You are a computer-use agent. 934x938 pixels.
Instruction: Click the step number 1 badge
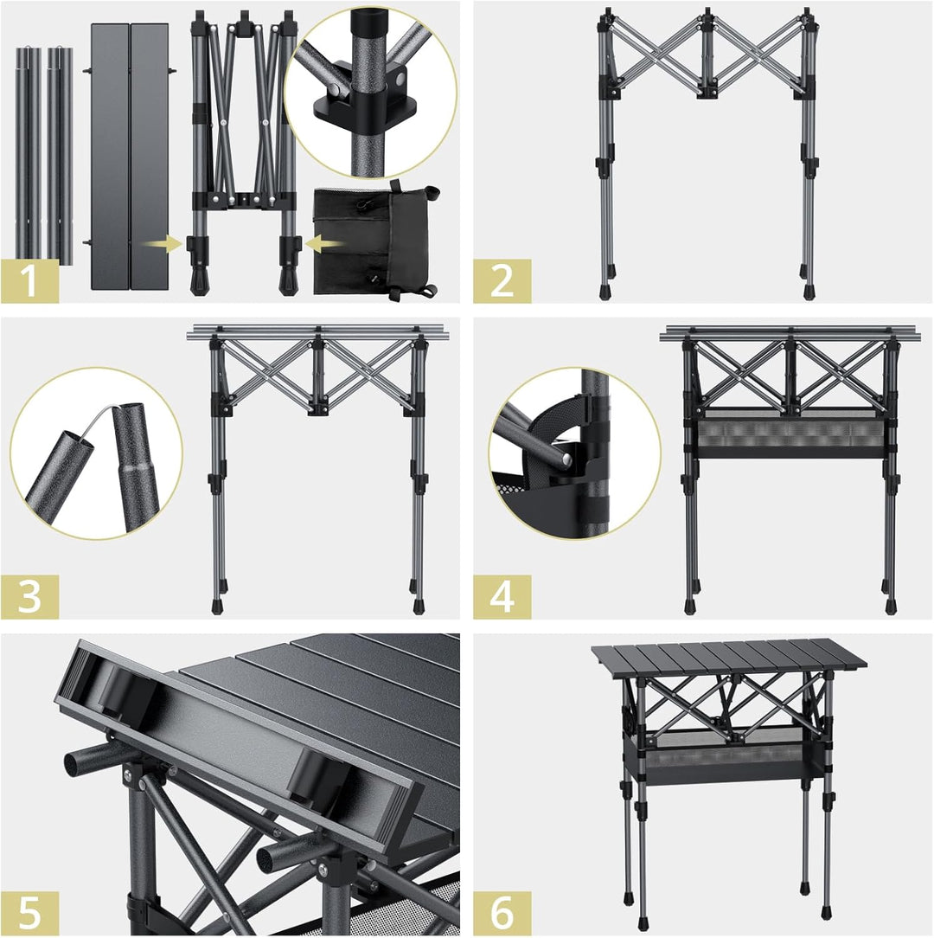(29, 280)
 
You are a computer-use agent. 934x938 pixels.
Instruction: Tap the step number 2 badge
(502, 280)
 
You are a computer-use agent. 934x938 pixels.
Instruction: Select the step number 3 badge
(29, 596)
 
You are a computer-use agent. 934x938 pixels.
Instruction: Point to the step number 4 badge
(502, 596)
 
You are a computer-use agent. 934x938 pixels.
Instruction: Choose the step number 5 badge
(29, 913)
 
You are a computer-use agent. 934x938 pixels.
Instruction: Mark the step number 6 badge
(502, 913)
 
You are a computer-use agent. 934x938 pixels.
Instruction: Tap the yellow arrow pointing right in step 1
(163, 245)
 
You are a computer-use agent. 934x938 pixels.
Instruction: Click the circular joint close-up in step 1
(370, 91)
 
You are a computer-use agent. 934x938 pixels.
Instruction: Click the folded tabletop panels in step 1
(130, 156)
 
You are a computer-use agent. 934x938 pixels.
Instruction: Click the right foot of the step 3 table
(419, 606)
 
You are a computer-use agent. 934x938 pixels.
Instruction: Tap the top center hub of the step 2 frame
(707, 17)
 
